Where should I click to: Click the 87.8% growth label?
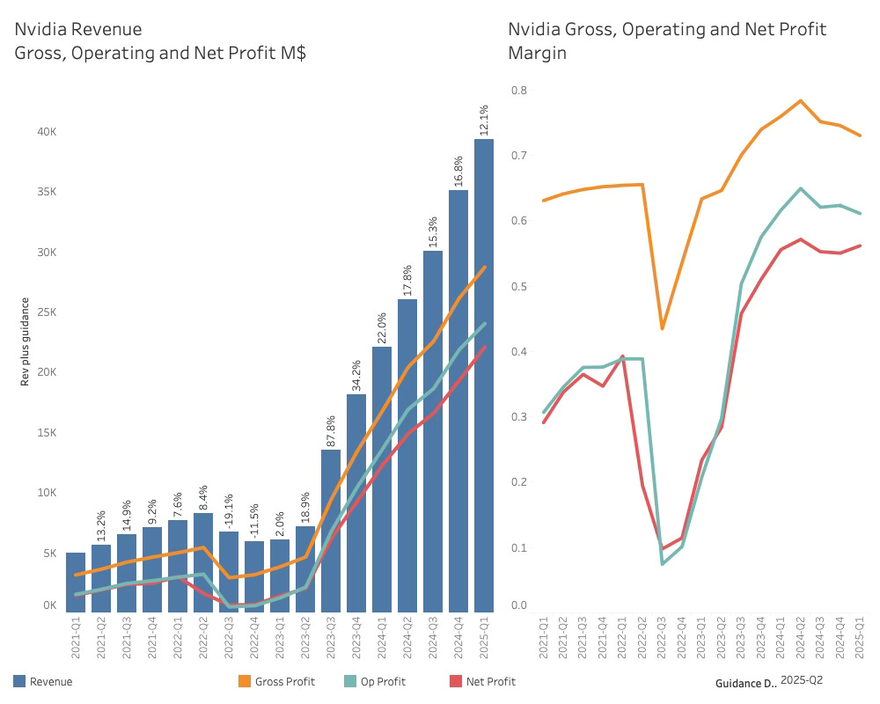(x=332, y=431)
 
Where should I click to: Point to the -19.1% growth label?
(x=230, y=511)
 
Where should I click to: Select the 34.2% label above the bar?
(x=357, y=375)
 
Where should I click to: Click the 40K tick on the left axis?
(x=46, y=132)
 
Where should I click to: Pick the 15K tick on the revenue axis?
(x=46, y=433)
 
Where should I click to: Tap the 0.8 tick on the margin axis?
(x=519, y=90)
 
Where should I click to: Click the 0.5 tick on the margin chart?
(x=519, y=286)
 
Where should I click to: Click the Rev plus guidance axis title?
(x=26, y=341)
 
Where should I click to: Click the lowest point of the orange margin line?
(x=663, y=328)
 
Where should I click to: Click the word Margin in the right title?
(x=537, y=53)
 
